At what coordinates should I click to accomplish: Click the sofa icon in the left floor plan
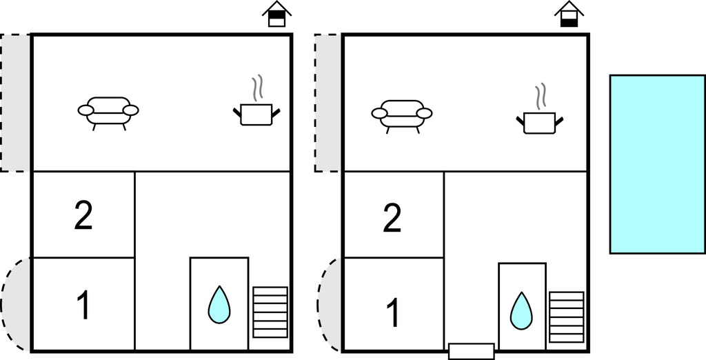pyautogui.click(x=108, y=113)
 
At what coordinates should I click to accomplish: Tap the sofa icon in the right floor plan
pyautogui.click(x=402, y=117)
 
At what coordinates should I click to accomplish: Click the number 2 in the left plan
pyautogui.click(x=83, y=216)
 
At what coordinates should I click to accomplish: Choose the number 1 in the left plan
pyautogui.click(x=83, y=305)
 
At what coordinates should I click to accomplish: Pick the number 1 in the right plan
pyautogui.click(x=393, y=312)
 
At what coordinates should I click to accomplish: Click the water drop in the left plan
pyautogui.click(x=219, y=305)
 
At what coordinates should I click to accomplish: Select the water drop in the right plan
pyautogui.click(x=521, y=310)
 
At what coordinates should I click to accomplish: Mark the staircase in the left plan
pyautogui.click(x=270, y=312)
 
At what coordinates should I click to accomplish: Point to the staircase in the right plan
pyautogui.click(x=567, y=317)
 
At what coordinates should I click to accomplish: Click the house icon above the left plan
pyautogui.click(x=277, y=14)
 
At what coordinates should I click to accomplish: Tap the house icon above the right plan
pyautogui.click(x=569, y=14)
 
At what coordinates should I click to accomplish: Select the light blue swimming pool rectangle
pyautogui.click(x=658, y=164)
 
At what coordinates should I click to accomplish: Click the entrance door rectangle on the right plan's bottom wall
pyautogui.click(x=472, y=352)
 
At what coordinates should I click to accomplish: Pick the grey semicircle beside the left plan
pyautogui.click(x=16, y=305)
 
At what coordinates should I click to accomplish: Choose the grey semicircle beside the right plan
pyautogui.click(x=330, y=305)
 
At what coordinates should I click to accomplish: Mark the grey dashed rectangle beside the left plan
pyautogui.click(x=15, y=103)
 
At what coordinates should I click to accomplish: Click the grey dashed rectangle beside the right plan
pyautogui.click(x=327, y=103)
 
